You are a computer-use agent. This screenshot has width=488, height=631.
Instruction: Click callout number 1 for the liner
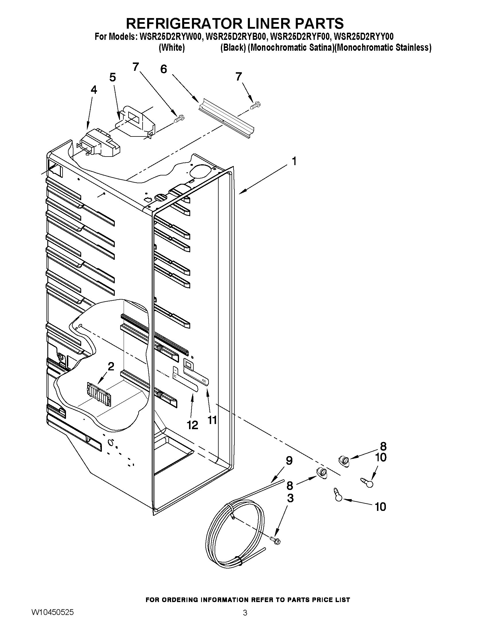tap(294, 161)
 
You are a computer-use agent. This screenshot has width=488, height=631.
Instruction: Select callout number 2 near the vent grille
tap(111, 366)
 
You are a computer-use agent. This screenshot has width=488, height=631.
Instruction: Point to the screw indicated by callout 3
tap(275, 540)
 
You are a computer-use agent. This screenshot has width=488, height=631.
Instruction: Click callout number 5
tap(112, 77)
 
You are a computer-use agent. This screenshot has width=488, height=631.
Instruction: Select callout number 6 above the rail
tap(164, 69)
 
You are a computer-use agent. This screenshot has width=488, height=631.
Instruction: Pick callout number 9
tap(289, 460)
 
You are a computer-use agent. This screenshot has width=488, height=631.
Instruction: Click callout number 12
tap(192, 425)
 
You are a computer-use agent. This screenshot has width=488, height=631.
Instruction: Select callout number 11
tap(212, 420)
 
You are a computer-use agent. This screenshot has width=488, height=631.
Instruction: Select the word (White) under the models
tap(172, 47)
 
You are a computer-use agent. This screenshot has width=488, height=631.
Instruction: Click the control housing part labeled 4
tap(100, 144)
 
